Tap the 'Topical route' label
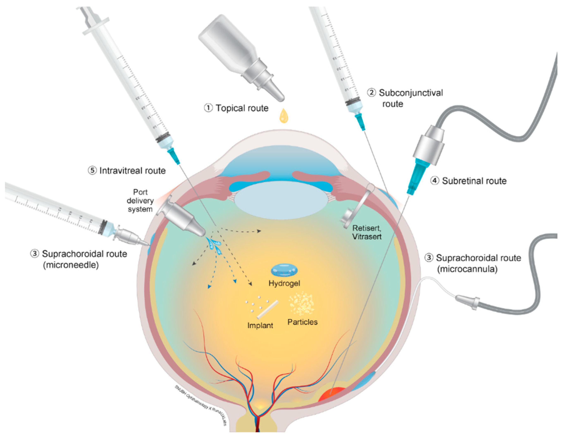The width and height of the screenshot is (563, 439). point(236,108)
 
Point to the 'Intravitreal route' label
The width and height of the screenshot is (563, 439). point(127,171)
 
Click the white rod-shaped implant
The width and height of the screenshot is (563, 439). point(268,309)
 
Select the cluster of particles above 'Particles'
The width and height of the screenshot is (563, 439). point(301,303)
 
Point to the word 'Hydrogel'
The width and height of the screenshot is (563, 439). point(284,283)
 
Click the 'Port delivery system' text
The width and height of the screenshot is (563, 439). point(140,201)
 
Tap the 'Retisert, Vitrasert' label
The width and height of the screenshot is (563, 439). point(367,232)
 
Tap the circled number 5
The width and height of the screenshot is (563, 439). point(92,171)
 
